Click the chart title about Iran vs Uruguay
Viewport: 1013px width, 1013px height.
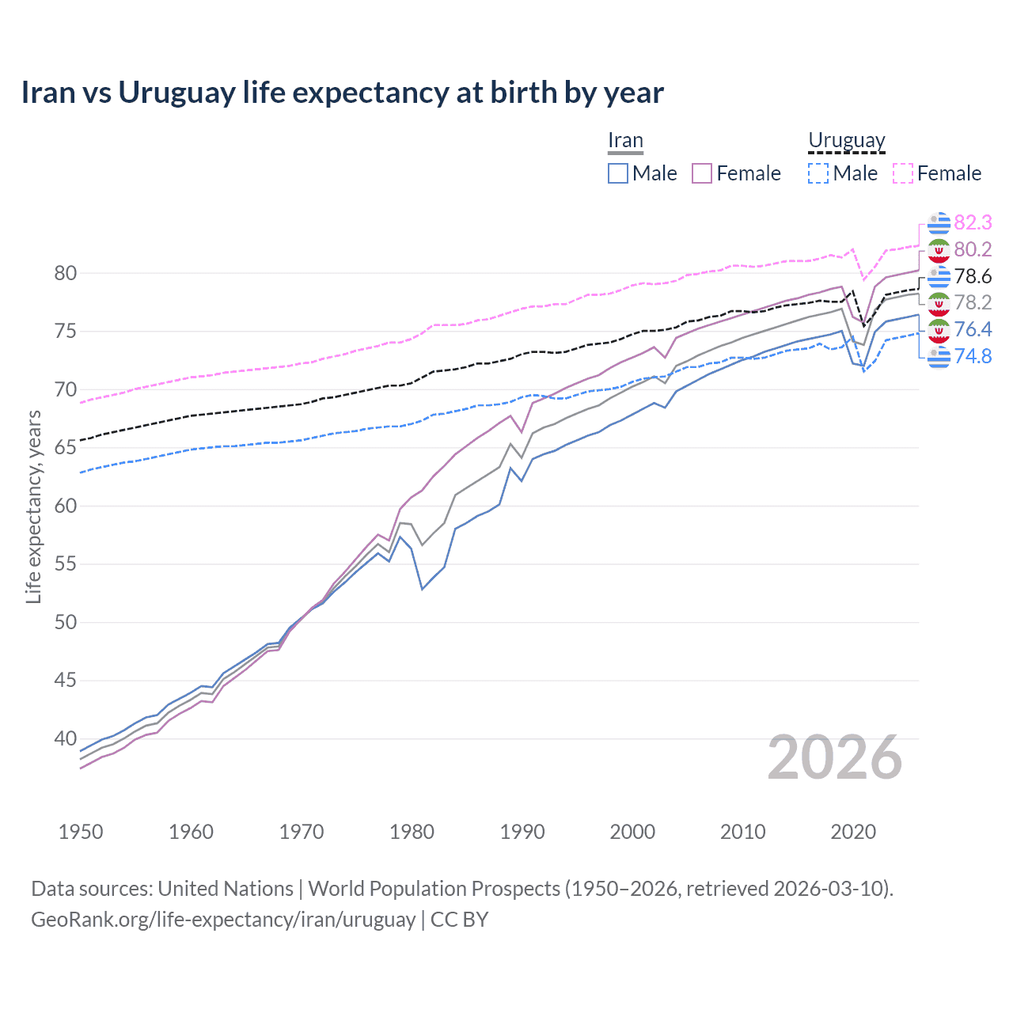[x=342, y=93]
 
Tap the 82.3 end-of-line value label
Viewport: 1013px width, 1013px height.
[x=973, y=222]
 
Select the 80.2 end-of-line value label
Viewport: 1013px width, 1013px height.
[x=973, y=249]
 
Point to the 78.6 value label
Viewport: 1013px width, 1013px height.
[x=973, y=276]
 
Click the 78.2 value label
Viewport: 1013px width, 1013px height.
[x=973, y=302]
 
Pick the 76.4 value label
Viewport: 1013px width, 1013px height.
[x=973, y=329]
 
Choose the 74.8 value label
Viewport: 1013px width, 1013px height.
[x=973, y=356]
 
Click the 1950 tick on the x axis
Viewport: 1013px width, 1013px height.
[x=81, y=832]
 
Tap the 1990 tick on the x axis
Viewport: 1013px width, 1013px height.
[x=522, y=832]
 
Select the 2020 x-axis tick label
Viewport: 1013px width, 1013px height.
[x=853, y=832]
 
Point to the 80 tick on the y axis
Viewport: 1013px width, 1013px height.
[x=65, y=274]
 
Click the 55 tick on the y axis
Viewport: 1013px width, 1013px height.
[x=65, y=564]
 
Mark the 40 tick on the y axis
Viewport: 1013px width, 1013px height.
[x=65, y=739]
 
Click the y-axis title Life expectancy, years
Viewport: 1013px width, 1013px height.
[x=33, y=506]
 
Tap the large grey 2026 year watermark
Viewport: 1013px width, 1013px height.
[x=835, y=758]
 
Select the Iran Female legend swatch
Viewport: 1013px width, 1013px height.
[x=702, y=173]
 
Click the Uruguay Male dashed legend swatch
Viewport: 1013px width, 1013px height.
[x=818, y=173]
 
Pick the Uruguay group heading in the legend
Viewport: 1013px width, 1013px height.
[x=846, y=141]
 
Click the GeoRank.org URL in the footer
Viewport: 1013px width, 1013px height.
[x=223, y=920]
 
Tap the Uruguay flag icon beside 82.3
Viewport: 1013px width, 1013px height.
[x=939, y=222]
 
